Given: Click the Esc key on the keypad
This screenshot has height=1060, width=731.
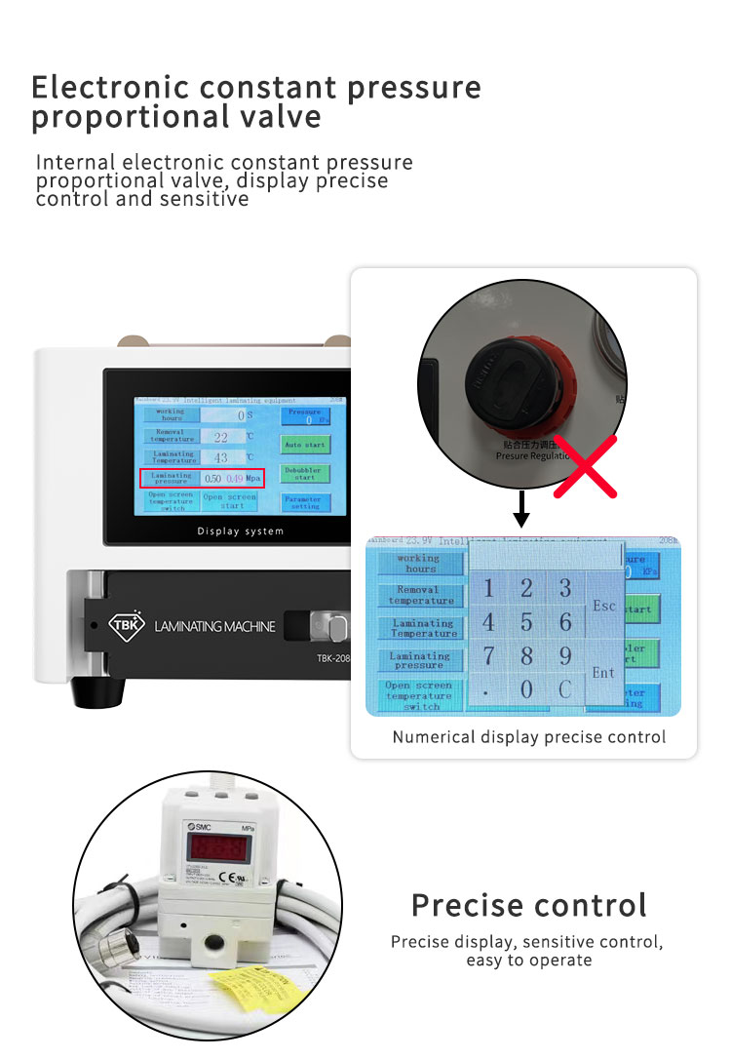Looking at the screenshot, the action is [604, 606].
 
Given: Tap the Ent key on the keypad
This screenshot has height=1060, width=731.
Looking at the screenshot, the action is [604, 673].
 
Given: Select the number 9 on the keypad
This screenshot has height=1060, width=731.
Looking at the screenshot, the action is [565, 655].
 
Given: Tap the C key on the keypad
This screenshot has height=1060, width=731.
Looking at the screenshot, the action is [565, 689].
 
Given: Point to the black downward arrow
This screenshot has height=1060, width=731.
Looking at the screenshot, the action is [522, 510].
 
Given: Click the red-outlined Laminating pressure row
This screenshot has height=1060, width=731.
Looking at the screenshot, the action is [203, 478].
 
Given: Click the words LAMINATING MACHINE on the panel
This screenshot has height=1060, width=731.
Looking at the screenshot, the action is [215, 626].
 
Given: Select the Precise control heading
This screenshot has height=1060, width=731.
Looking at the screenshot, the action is [528, 905].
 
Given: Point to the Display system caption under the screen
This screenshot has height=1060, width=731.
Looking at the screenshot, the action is [241, 531].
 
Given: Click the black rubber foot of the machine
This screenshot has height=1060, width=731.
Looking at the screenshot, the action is [97, 690].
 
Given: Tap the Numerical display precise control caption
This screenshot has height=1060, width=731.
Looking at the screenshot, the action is [529, 737].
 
